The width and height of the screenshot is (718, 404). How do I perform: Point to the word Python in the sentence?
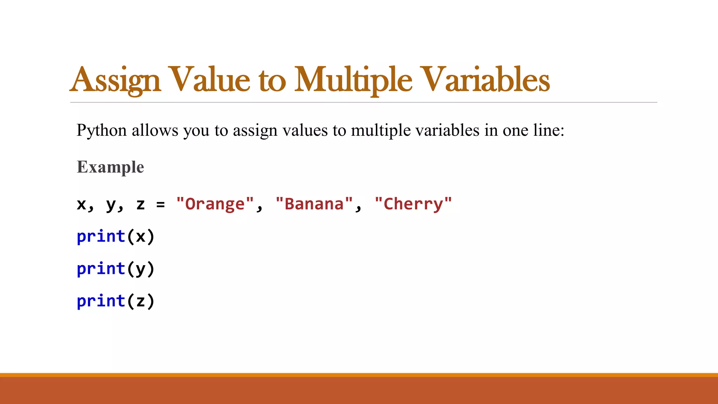pyautogui.click(x=102, y=130)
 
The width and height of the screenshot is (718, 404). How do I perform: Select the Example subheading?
pyautogui.click(x=110, y=167)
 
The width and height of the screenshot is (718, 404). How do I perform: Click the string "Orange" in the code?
pyautogui.click(x=215, y=204)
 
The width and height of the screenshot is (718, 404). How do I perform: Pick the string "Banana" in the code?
pyautogui.click(x=314, y=204)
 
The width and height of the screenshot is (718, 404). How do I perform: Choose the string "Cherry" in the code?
pyautogui.click(x=413, y=204)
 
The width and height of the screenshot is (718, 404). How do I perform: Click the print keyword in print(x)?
pyautogui.click(x=101, y=236)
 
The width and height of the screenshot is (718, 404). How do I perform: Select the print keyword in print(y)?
pyautogui.click(x=101, y=269)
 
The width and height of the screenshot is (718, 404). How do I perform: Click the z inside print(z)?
pyautogui.click(x=141, y=301)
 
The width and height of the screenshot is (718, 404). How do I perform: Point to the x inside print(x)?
pyautogui.click(x=141, y=237)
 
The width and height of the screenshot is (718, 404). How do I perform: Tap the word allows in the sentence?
pyautogui.click(x=155, y=130)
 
